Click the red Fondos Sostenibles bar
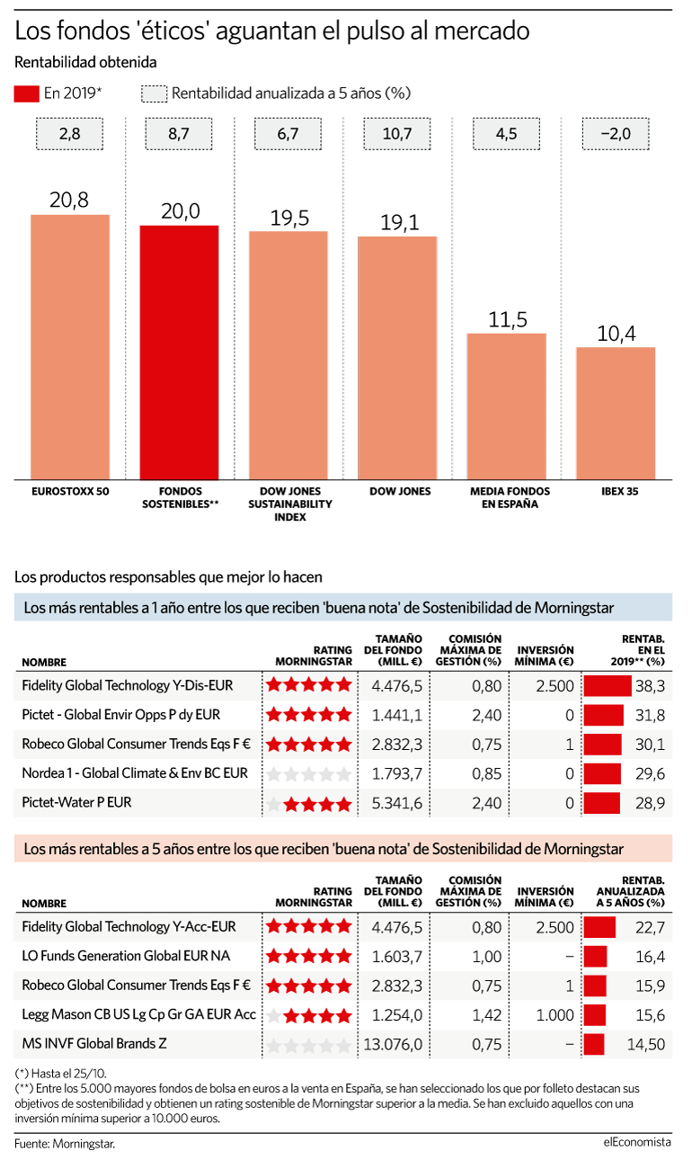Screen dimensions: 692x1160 179,352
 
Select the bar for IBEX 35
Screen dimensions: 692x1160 616,414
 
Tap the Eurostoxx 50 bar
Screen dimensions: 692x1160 70,347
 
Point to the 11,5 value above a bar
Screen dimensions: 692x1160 508,319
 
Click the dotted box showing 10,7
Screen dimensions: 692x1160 397,134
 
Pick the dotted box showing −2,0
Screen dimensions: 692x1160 616,134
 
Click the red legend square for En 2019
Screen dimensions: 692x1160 26,94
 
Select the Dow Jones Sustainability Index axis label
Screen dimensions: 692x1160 290,504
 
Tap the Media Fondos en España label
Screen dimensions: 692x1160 510,497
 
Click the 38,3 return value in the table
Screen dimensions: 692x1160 650,686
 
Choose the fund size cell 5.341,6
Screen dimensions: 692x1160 397,803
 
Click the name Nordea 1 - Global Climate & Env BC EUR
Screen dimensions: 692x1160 135,773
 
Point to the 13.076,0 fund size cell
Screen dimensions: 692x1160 393,1045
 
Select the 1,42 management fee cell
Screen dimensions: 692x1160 486,1015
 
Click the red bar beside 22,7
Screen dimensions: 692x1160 599,927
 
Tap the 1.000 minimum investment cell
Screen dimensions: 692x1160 554,1015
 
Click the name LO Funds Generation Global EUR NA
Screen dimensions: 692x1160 126,956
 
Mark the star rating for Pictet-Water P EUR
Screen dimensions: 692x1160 309,804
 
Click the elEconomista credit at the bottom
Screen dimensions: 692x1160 637,1141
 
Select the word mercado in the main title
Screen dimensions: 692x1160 482,31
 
